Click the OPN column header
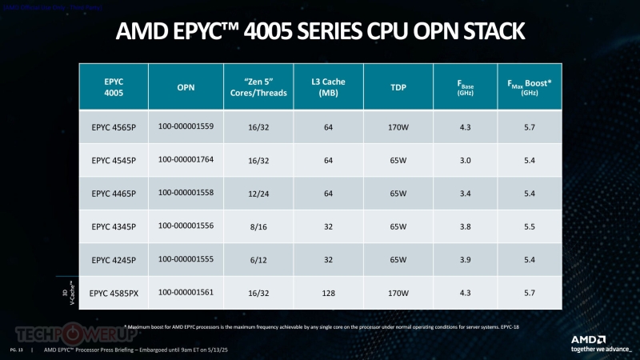(x=186, y=87)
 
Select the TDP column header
(x=397, y=87)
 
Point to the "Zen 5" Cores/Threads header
(x=257, y=87)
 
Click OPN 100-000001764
(x=186, y=160)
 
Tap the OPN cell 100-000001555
(x=186, y=260)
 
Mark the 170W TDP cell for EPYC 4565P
(x=397, y=127)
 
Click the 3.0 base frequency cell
(x=465, y=160)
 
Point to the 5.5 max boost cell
(x=529, y=227)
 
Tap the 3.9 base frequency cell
(x=465, y=260)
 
